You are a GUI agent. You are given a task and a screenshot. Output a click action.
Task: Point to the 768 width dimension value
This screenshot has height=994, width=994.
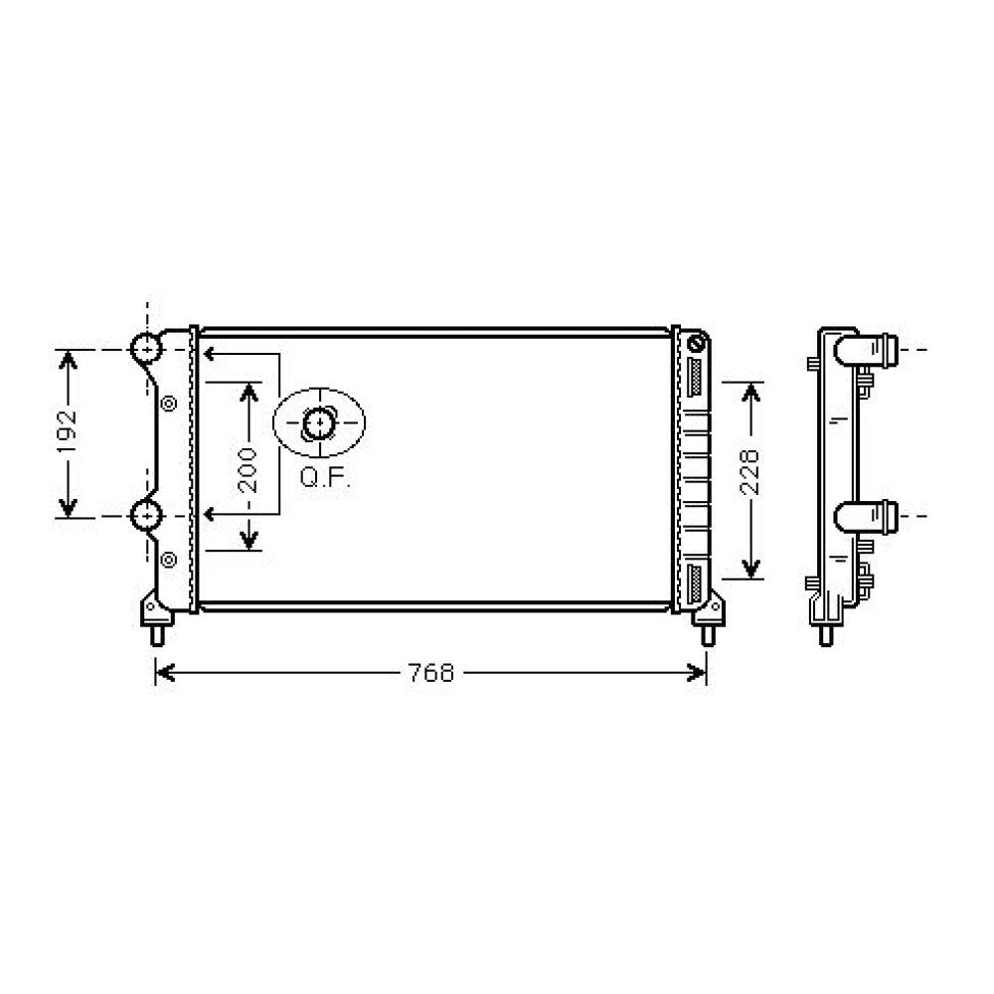coord(431,673)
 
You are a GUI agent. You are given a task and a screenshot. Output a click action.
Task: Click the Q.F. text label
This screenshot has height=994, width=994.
coord(325,478)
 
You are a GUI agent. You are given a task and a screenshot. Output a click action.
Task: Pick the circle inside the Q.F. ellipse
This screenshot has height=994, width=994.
coord(319,424)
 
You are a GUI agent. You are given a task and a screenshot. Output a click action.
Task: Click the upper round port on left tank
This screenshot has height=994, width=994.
coord(146,349)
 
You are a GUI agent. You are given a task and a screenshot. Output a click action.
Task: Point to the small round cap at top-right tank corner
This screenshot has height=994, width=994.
coord(696,345)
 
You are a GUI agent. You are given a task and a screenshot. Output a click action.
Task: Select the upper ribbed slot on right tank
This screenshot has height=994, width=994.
coord(693,380)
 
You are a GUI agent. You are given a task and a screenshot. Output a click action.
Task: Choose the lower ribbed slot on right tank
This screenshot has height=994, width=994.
coord(693,579)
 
